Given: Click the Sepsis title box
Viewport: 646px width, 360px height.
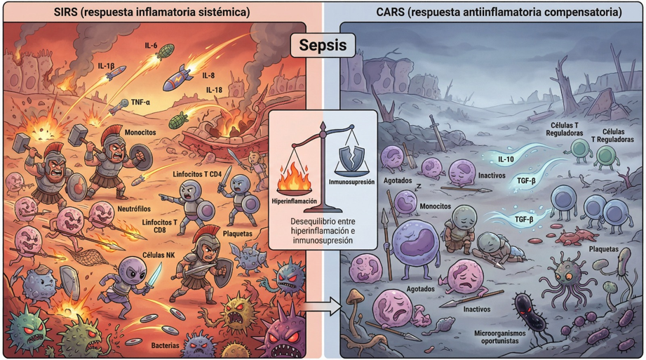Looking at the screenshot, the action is (x=323, y=45).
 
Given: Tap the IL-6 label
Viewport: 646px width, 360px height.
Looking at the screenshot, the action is (x=151, y=46).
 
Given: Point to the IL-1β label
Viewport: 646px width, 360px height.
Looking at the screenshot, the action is (x=106, y=65).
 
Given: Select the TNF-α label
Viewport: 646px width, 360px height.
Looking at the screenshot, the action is (x=140, y=102).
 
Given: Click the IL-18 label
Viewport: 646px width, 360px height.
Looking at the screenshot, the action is (x=214, y=90).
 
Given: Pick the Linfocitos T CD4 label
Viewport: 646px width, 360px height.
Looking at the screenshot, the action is (x=197, y=175).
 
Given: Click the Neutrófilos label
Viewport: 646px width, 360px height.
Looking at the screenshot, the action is (x=134, y=209).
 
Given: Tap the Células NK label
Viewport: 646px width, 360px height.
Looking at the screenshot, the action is (x=159, y=255).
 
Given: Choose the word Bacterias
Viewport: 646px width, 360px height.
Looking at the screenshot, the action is (x=165, y=345).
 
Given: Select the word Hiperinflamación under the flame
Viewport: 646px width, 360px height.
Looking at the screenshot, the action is (x=294, y=201).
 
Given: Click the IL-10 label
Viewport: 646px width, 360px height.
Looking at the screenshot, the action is (x=506, y=159).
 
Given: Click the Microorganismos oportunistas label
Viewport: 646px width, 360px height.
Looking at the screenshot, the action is (x=499, y=337).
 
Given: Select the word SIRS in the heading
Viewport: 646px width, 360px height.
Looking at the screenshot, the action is (x=65, y=13).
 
